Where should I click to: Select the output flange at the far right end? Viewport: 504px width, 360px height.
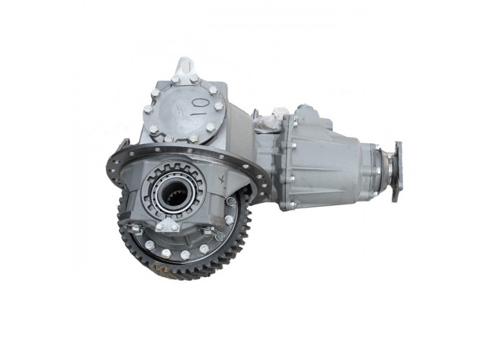point(397,171)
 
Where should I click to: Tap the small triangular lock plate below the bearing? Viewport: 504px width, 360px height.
point(167,225)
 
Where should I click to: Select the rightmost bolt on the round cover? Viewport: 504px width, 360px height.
point(219,106)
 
